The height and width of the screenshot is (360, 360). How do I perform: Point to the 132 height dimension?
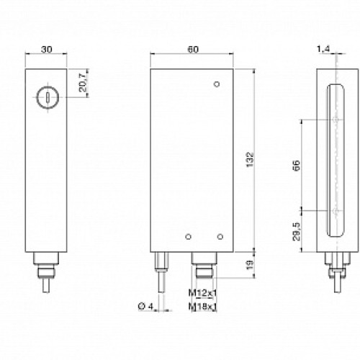pyautogui.click(x=249, y=158)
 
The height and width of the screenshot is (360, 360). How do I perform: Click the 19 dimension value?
pyautogui.click(x=249, y=266)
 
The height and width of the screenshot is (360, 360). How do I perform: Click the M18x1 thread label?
pyautogui.click(x=204, y=308)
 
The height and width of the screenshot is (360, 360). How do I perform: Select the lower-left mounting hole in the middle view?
pyautogui.click(x=188, y=235)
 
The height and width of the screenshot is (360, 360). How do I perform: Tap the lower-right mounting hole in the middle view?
pyautogui.click(x=219, y=235)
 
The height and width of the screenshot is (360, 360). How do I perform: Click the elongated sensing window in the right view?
pyautogui.click(x=335, y=162)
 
